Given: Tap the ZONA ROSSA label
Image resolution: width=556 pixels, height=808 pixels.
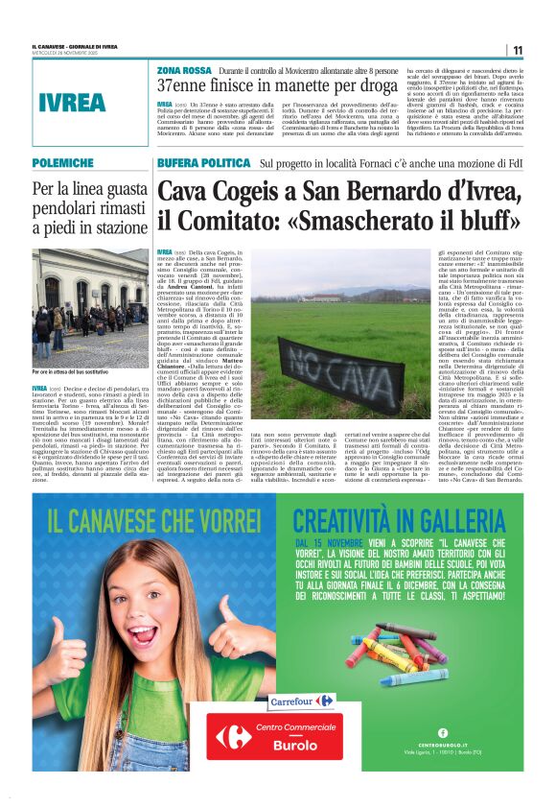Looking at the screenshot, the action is click(185, 71).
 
